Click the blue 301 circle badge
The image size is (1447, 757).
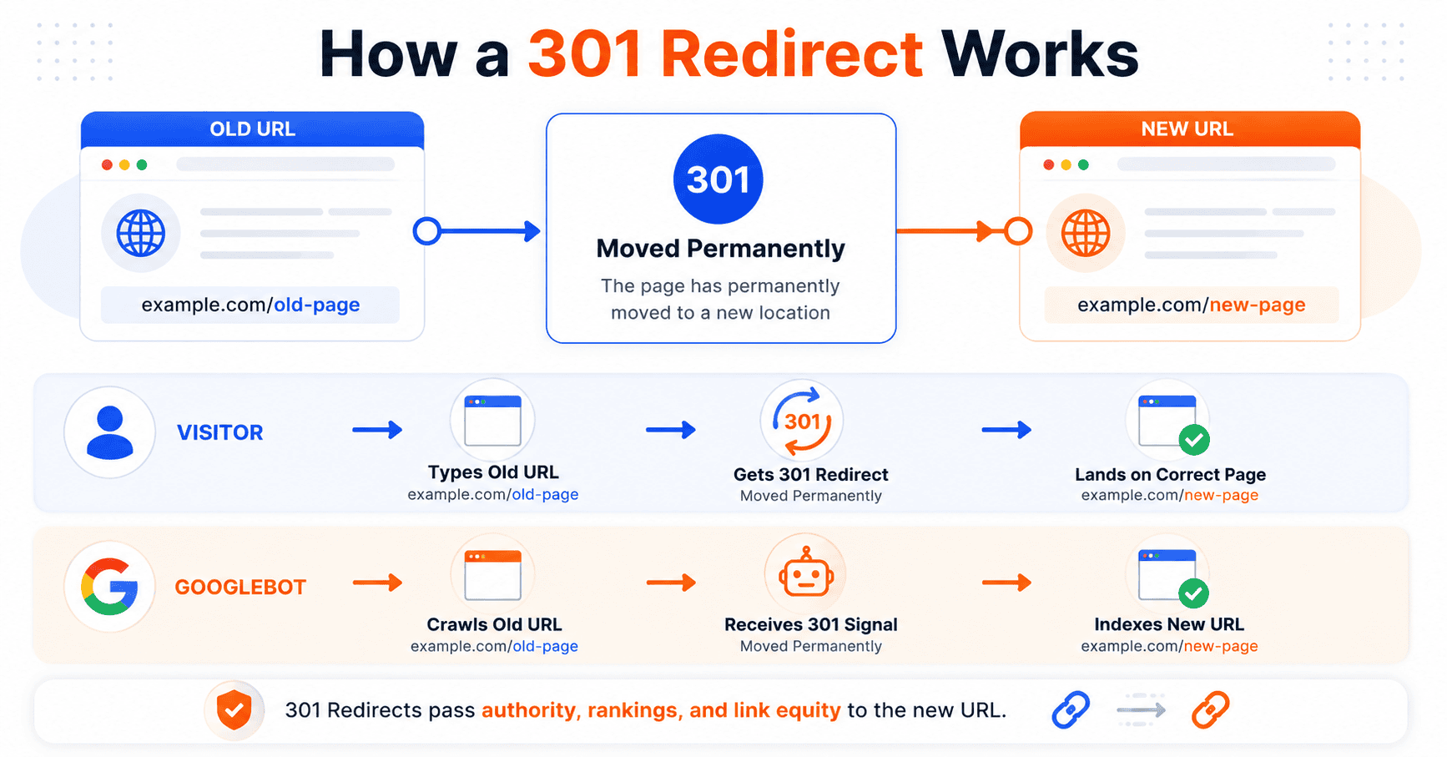coord(718,179)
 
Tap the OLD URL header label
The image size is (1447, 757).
coord(252,129)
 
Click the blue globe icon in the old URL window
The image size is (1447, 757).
coord(140,233)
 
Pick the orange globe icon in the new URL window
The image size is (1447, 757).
coord(1085,233)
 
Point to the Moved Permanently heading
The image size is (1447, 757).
coord(720,249)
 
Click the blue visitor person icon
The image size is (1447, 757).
coord(109,432)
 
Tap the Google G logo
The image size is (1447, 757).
coord(109,586)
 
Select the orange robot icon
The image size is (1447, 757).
coord(805,573)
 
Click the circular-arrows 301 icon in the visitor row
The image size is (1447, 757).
coord(802,421)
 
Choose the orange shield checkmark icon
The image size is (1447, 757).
coord(234,710)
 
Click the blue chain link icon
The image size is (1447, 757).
coord(1071,710)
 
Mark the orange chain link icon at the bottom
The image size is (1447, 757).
coord(1210,710)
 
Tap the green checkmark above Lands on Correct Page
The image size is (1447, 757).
coord(1194,440)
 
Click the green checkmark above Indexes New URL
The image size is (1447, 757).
coord(1194,593)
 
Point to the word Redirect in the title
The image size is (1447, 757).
coord(792,54)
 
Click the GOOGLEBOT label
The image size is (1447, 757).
coord(240,588)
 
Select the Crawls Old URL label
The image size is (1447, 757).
coord(494,624)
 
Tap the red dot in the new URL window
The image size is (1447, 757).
coord(1048,164)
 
